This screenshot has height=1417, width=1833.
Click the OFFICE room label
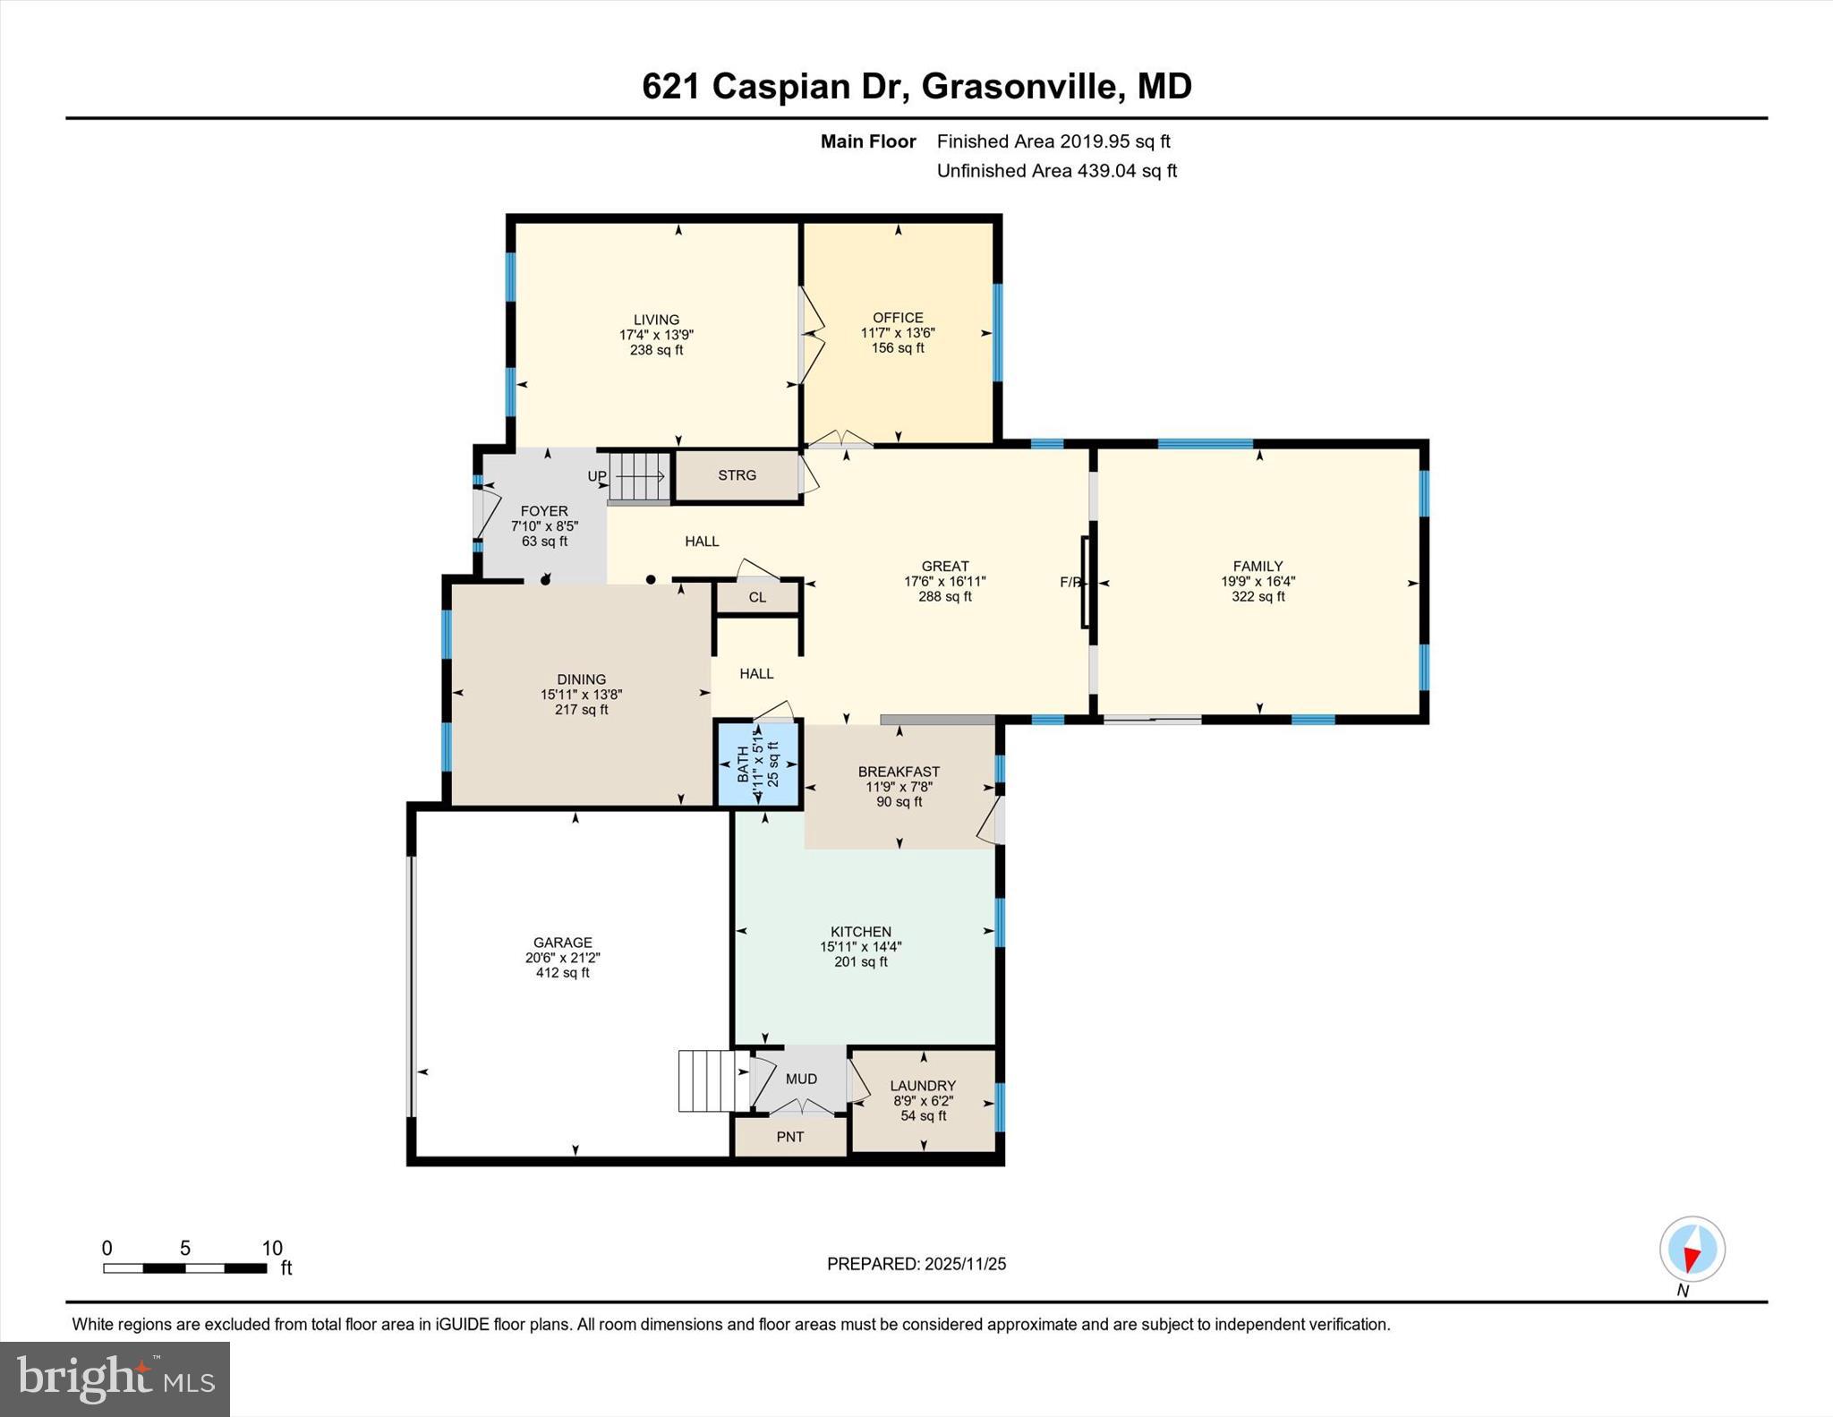point(898,318)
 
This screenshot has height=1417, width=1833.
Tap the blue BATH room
point(758,764)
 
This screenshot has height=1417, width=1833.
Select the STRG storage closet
point(737,475)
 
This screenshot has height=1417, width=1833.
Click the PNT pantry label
point(789,1137)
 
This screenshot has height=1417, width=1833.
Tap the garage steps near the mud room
point(712,1080)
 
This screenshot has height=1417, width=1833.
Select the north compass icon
point(1692,1250)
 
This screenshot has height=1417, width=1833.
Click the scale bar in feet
point(184,1268)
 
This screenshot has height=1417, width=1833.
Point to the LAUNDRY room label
point(923,1086)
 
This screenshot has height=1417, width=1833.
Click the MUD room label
point(801,1080)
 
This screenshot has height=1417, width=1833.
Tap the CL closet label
point(757,597)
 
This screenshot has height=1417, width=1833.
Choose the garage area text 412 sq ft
point(562,973)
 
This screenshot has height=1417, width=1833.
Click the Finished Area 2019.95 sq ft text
point(1053,141)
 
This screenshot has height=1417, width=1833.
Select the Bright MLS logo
point(115,1379)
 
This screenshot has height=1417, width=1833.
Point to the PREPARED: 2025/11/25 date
point(916,1264)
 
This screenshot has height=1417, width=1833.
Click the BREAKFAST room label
point(899,772)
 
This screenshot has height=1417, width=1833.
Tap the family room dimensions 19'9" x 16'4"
point(1258,581)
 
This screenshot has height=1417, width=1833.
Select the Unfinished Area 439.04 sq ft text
point(1056,171)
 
